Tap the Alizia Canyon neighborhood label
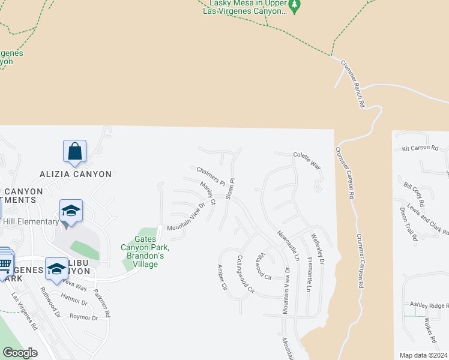pos(76,174)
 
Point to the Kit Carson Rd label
pos(420,148)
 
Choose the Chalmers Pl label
pos(210,175)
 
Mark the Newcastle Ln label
pos(288,245)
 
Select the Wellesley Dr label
pos(317,250)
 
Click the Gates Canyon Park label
pos(145,247)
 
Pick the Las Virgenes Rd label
pos(25,312)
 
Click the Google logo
pos(20,353)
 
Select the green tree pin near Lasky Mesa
pos(294,6)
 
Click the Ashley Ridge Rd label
pos(429,306)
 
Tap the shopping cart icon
pos(5,263)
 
